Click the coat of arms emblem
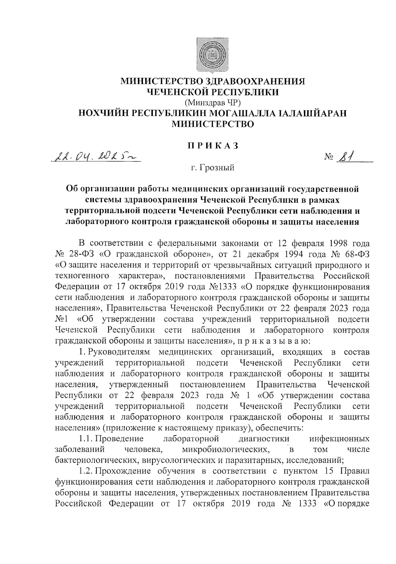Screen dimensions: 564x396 tap(212, 55)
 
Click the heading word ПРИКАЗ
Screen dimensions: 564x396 tap(213, 146)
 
